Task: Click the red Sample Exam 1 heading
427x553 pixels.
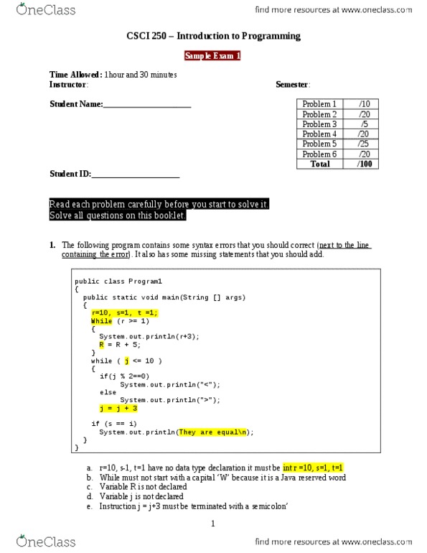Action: tap(213, 55)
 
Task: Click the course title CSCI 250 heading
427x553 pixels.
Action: tap(213, 36)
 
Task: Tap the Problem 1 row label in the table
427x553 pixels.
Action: tap(319, 104)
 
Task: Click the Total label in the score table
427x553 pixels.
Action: tap(319, 164)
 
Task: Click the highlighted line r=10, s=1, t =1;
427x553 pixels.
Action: tap(124, 312)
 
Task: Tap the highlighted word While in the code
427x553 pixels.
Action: tap(101, 321)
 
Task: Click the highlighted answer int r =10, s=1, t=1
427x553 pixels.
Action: tap(313, 468)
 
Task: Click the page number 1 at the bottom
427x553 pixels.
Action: tap(213, 524)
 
